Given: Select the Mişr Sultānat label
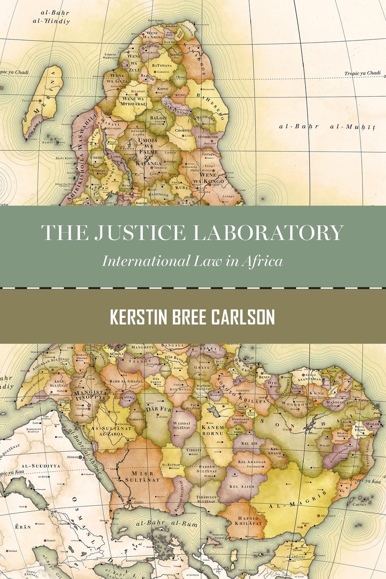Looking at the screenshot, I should point(142,476).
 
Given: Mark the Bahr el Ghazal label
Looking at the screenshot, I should point(126,381).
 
